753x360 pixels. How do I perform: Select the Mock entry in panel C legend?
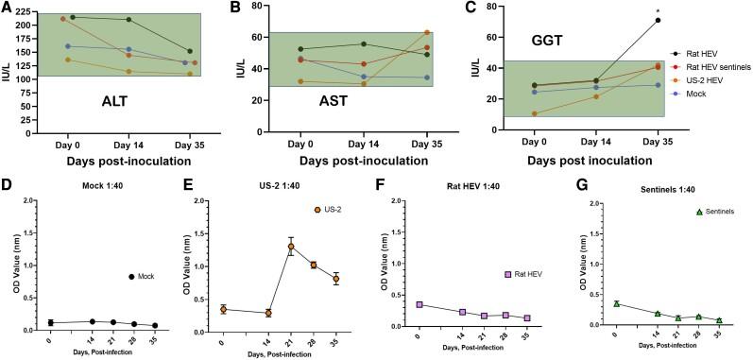point(692,92)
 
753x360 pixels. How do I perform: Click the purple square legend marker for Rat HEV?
point(507,274)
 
